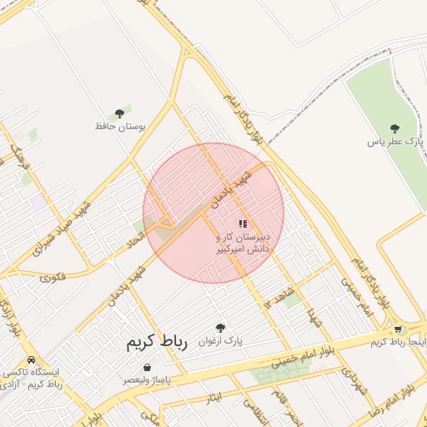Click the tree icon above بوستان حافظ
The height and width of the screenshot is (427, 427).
click(120, 112)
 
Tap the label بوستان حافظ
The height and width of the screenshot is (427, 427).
click(120, 126)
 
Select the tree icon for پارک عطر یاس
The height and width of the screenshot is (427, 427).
click(394, 128)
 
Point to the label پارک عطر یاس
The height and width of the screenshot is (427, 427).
click(395, 142)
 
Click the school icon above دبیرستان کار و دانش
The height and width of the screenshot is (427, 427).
click(243, 224)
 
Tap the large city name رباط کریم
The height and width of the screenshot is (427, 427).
click(158, 342)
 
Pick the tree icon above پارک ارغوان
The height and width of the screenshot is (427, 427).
click(220, 328)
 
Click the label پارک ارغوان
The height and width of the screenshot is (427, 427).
click(221, 341)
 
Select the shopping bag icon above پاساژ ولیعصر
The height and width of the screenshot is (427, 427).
click(148, 367)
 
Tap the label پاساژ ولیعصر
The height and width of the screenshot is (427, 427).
click(147, 379)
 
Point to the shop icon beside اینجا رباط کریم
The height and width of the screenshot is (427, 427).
click(398, 329)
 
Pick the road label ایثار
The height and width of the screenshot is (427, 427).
click(214, 397)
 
